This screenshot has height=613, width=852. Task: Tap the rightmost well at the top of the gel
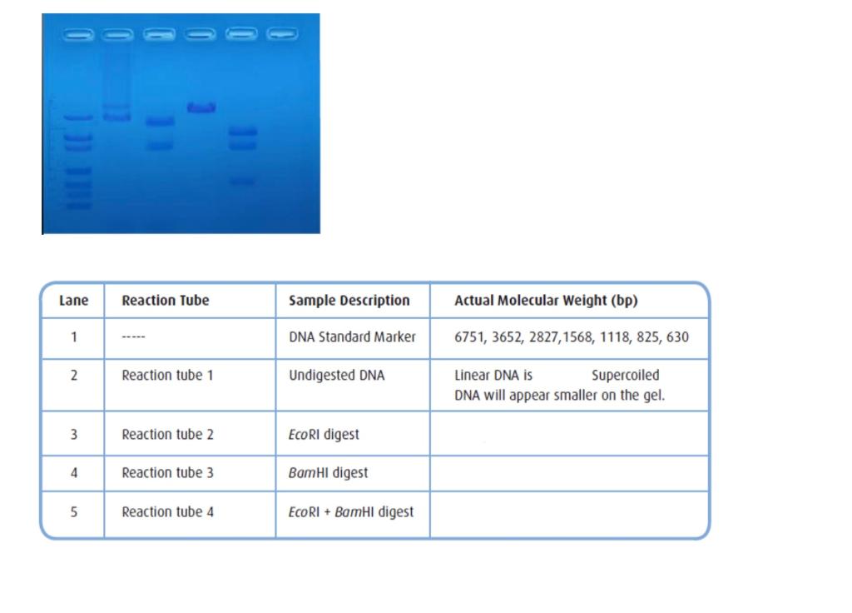point(282,34)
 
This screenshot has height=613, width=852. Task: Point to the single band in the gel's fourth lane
point(201,107)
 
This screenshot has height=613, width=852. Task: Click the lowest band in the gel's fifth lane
point(242,181)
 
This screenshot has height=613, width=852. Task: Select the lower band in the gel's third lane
point(160,146)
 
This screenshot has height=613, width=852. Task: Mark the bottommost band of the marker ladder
point(78,205)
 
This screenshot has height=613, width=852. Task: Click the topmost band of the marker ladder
point(78,117)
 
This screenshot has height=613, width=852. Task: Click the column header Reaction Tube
point(166,301)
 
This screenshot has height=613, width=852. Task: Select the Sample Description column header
point(349,301)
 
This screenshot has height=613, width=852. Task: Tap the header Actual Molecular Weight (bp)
point(546,301)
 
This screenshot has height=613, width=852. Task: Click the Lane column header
point(73,301)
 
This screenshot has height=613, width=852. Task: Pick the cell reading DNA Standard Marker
point(352,337)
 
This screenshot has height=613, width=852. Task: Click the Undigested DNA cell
point(336,376)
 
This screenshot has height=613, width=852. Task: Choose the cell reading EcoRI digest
point(324,434)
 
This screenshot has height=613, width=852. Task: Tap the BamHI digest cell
point(328,472)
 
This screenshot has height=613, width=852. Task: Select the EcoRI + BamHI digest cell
point(350,511)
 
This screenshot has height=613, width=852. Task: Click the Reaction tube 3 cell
point(167,472)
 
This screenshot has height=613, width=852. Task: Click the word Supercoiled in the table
point(625,376)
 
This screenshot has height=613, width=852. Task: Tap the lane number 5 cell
point(73,511)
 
